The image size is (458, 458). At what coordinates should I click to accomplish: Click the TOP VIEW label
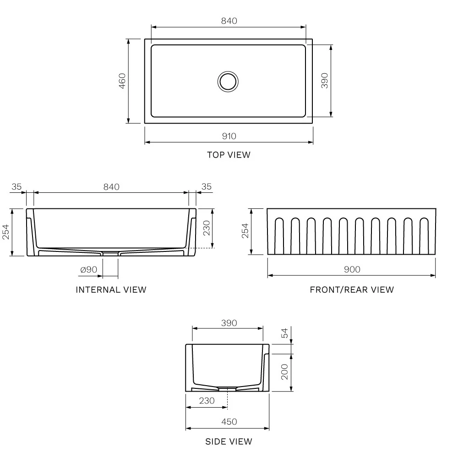tap(229, 155)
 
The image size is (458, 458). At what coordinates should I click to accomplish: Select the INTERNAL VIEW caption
tap(111, 289)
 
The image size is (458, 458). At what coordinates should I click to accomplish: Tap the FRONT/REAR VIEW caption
tap(351, 289)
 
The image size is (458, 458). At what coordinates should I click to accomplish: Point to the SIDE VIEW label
tap(229, 442)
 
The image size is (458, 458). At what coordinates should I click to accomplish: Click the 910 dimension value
tap(229, 136)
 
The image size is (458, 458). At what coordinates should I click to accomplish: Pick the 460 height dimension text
tap(122, 81)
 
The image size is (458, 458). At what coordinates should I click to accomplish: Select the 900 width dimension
tap(351, 269)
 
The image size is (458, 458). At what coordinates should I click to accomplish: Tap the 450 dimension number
tap(229, 422)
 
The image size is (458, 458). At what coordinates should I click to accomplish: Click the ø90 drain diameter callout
tap(88, 270)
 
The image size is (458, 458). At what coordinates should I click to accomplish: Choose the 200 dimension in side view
tap(284, 372)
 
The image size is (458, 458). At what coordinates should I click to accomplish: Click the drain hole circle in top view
tap(228, 81)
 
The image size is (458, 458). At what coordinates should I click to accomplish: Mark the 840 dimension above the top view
tap(229, 21)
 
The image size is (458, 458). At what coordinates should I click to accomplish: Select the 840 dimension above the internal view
tap(111, 186)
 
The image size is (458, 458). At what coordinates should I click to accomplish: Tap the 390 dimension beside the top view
tap(324, 81)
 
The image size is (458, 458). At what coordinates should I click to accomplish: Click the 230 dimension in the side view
tap(207, 400)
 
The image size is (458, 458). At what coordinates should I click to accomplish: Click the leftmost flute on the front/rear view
tap(279, 235)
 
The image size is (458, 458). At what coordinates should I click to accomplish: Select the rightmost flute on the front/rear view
tap(424, 235)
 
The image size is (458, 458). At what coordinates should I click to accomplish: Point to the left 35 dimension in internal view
tap(17, 186)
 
